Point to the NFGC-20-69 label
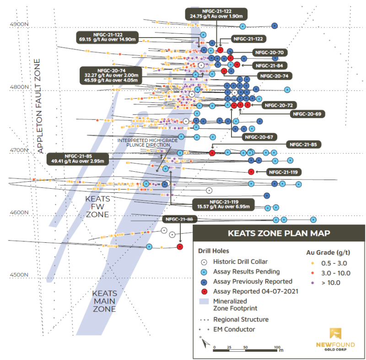pyautogui.click(x=307, y=114)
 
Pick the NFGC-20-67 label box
pyautogui.click(x=260, y=136)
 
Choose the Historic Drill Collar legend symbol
pyautogui.click(x=204, y=262)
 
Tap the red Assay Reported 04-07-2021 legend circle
pyautogui.click(x=204, y=291)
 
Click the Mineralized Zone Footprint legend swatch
pyautogui.click(x=204, y=301)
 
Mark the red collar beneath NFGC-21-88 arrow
pyautogui.click(x=180, y=247)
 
